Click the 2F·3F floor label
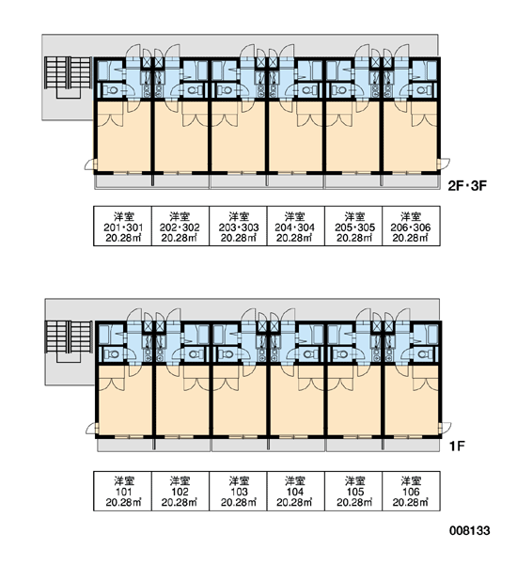pyautogui.click(x=466, y=185)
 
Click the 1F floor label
pyautogui.click(x=457, y=446)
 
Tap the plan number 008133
pyautogui.click(x=469, y=530)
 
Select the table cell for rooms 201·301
pyautogui.click(x=123, y=226)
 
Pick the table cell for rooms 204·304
pyautogui.click(x=296, y=226)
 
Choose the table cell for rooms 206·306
pyautogui.click(x=411, y=226)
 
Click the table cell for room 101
pyautogui.click(x=123, y=491)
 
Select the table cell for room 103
pyautogui.click(x=238, y=491)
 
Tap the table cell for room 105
pyautogui.click(x=353, y=491)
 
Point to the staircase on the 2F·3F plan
pyautogui.click(x=68, y=77)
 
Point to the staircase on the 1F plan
pyautogui.click(x=69, y=341)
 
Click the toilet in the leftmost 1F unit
pyautogui.click(x=112, y=354)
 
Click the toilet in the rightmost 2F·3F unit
pyautogui.click(x=422, y=90)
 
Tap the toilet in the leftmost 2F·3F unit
pyautogui.click(x=111, y=90)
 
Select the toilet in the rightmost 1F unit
pyautogui.click(x=423, y=354)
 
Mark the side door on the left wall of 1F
pyautogui.click(x=92, y=428)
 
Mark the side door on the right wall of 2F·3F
pyautogui.click(x=444, y=164)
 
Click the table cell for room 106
pyautogui.click(x=411, y=491)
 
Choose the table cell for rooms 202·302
pyautogui.click(x=180, y=226)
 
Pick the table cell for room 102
pyautogui.click(x=180, y=491)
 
